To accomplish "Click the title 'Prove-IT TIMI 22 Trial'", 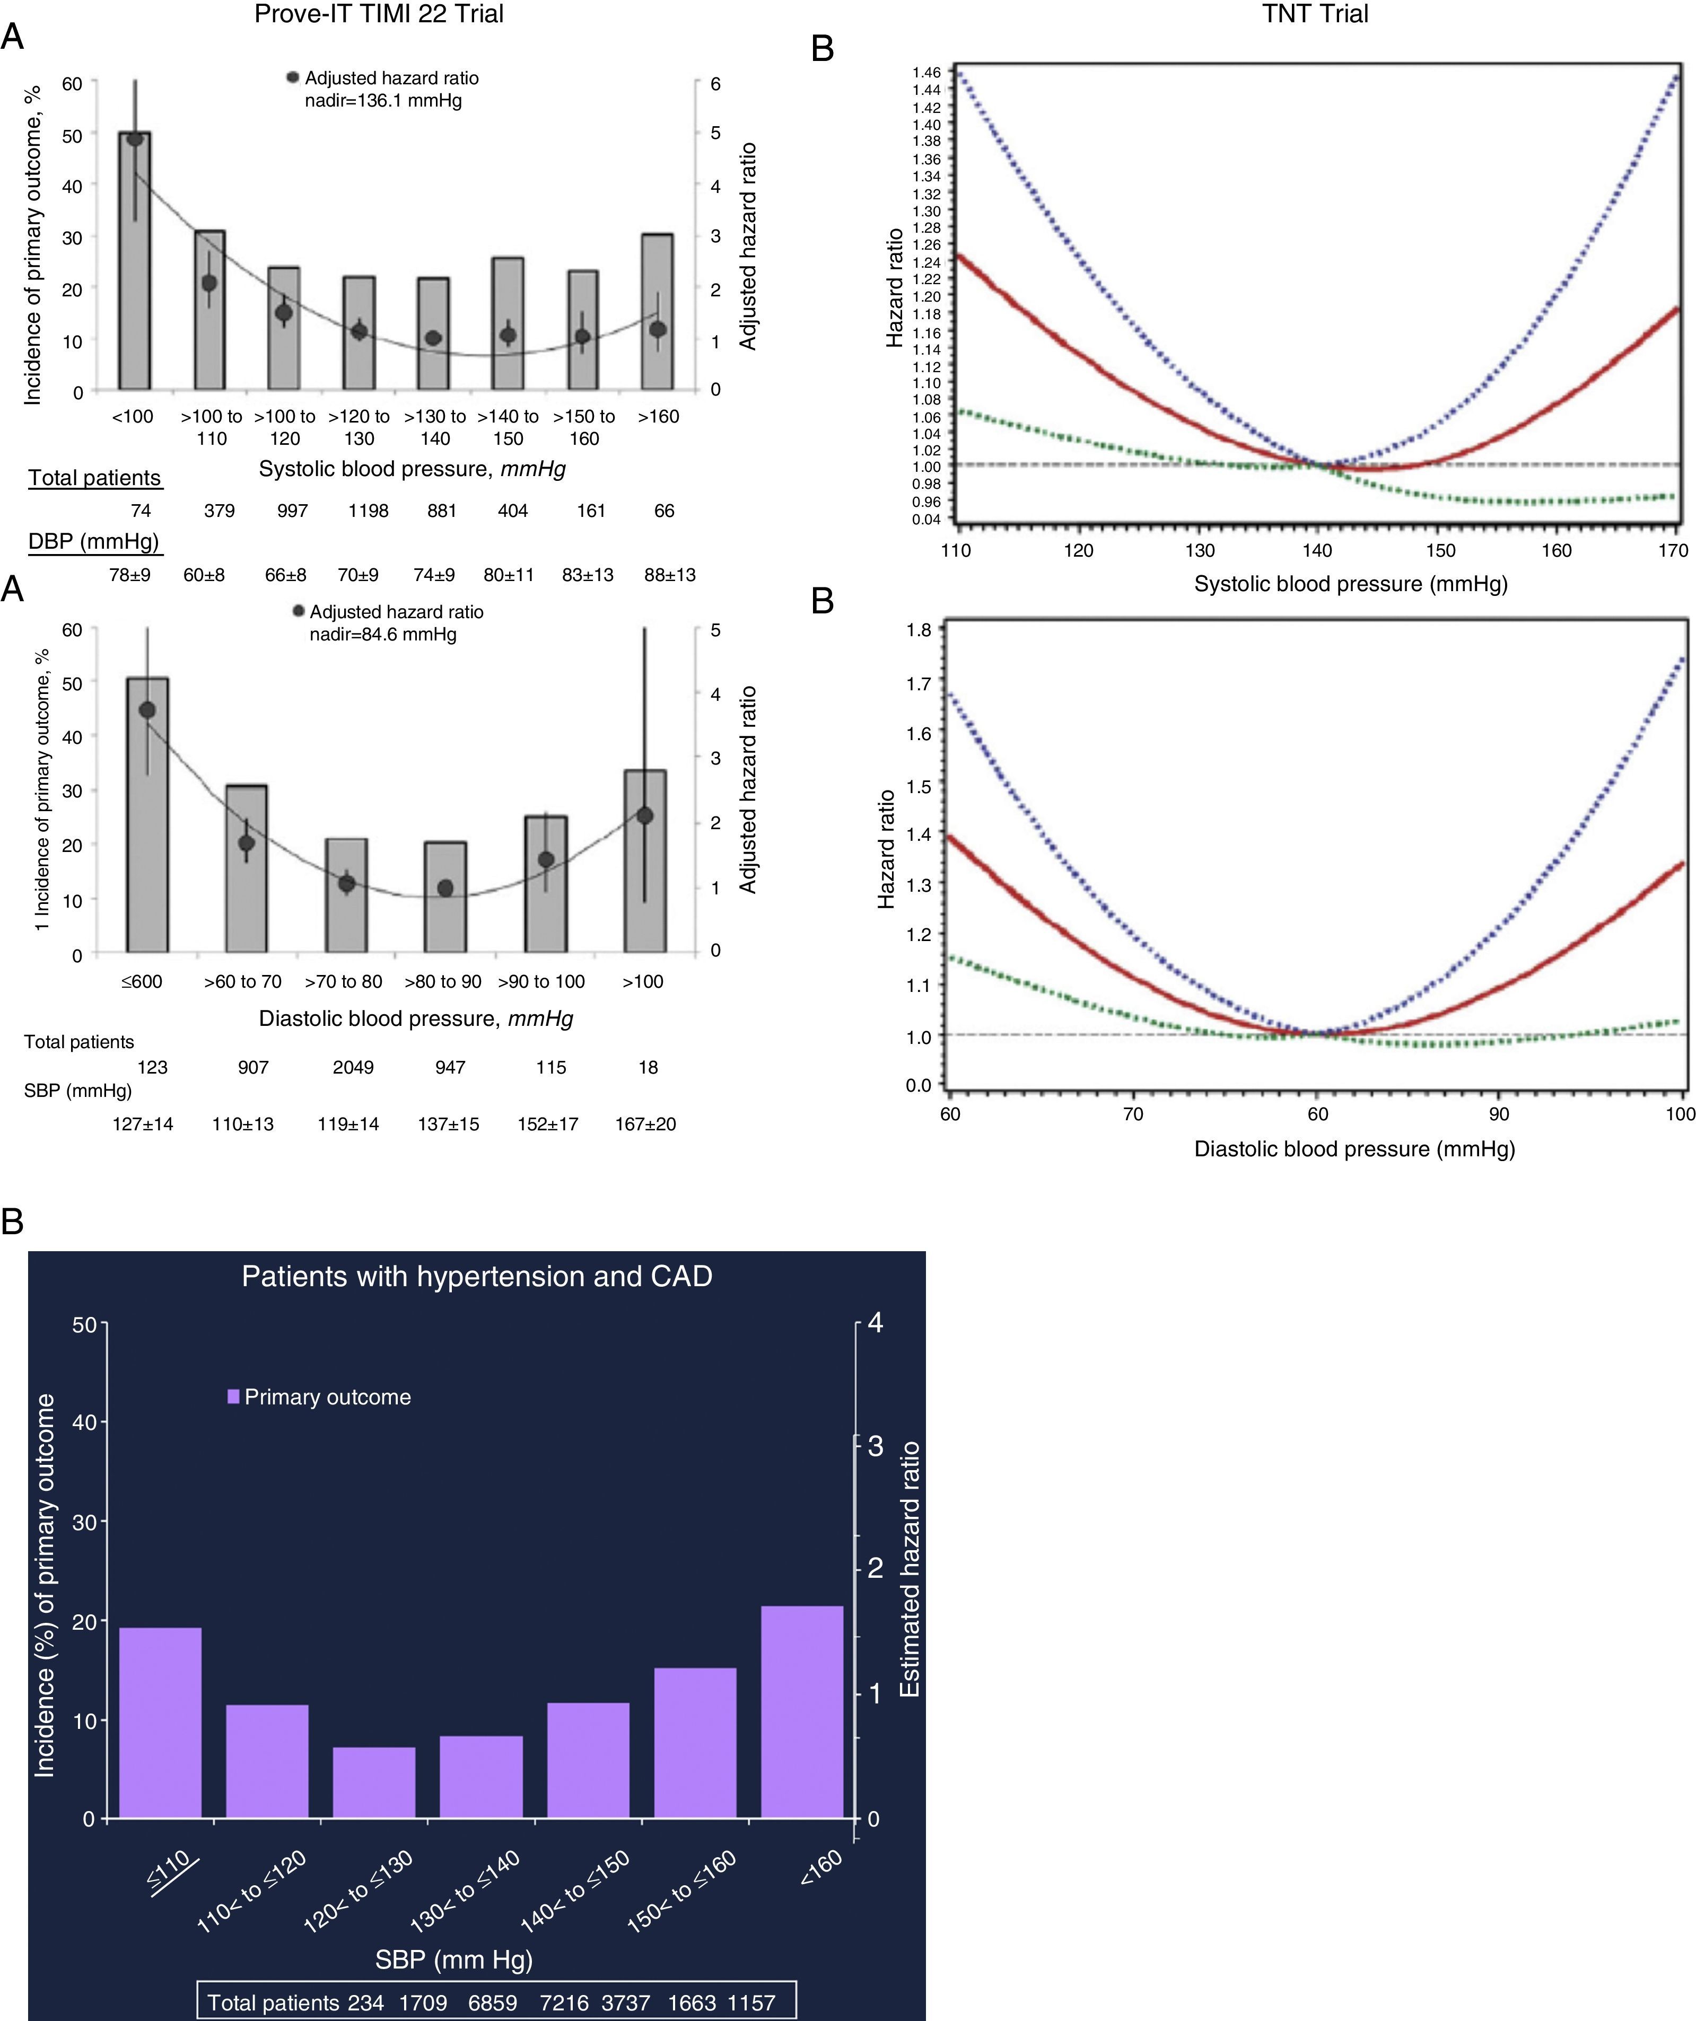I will [378, 13].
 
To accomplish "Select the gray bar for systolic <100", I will [135, 262].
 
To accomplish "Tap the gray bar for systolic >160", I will [658, 313].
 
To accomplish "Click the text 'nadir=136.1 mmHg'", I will [383, 100].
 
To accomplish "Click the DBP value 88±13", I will [670, 575].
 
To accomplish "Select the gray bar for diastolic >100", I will [645, 862].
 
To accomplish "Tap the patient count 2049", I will [353, 1067].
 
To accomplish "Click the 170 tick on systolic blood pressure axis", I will [1673, 550].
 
